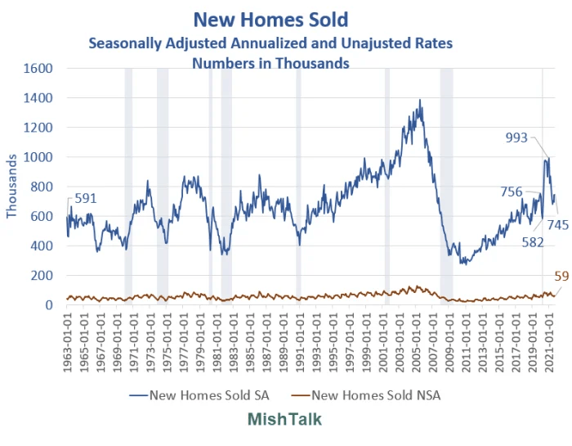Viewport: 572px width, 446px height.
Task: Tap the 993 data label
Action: (x=516, y=138)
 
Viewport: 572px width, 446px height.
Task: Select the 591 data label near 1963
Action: (x=86, y=198)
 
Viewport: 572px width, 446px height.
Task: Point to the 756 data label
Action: (x=512, y=192)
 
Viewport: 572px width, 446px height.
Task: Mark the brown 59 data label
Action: (x=561, y=277)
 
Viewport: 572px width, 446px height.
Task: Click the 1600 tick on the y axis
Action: (x=40, y=69)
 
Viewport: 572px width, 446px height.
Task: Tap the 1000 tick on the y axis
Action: (x=40, y=157)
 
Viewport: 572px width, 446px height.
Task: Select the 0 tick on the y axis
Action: (x=50, y=305)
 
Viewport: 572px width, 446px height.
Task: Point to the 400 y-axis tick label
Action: (x=43, y=246)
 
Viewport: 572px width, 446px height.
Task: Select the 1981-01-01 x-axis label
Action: (x=217, y=341)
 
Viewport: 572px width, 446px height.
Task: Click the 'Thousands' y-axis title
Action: (x=11, y=187)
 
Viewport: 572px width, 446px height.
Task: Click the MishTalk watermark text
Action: (x=285, y=420)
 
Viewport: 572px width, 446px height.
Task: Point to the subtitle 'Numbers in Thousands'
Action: (x=270, y=63)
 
